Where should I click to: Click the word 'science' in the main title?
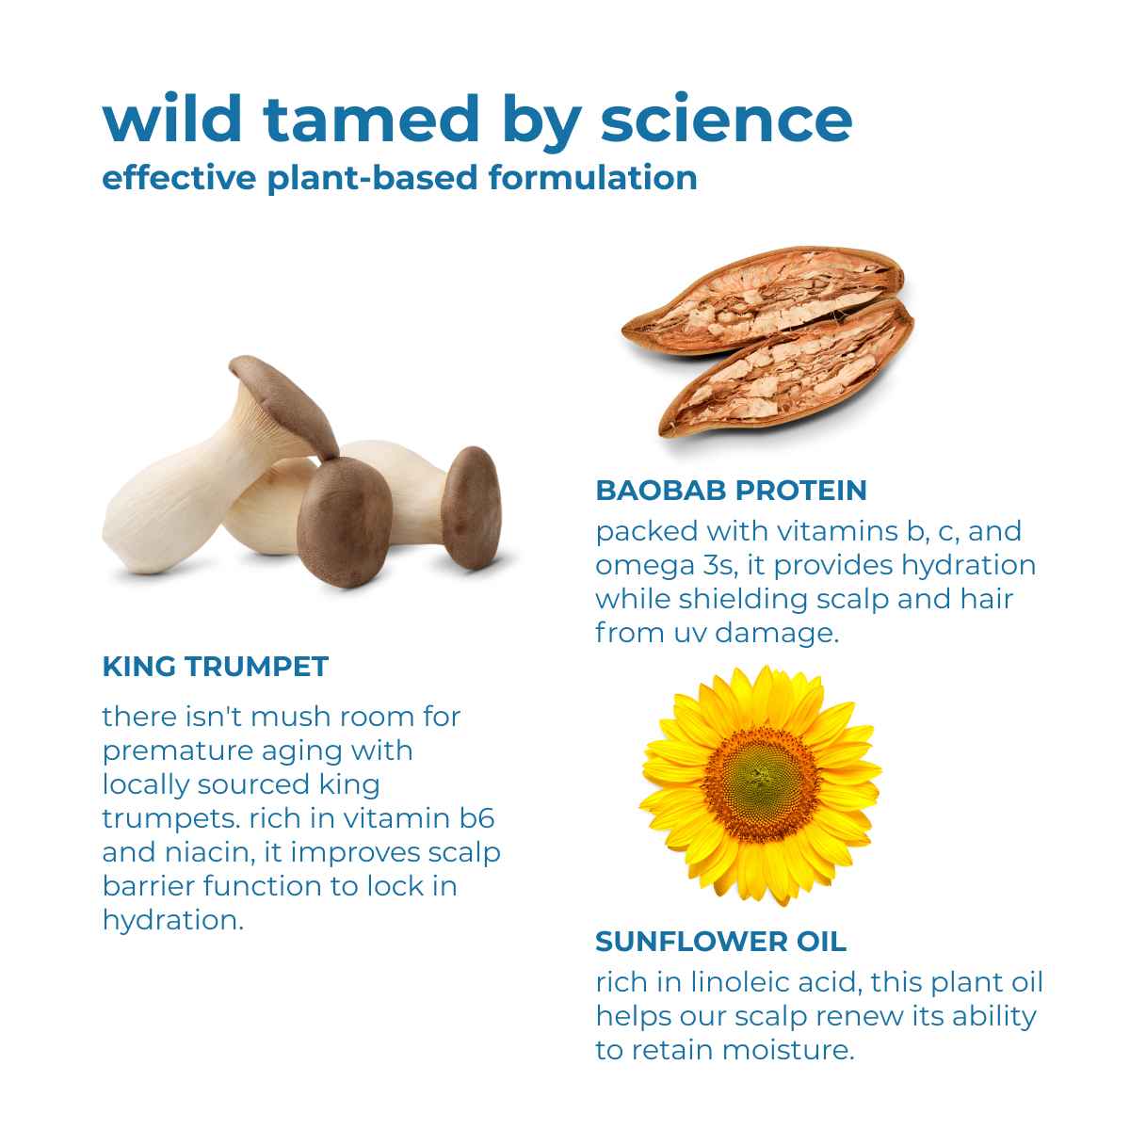point(726,121)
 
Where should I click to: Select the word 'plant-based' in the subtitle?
point(373,179)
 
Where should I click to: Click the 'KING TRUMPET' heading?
point(216,666)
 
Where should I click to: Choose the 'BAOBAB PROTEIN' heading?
point(732,491)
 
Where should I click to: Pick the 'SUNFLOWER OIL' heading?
point(720,942)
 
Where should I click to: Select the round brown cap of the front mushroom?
point(345,521)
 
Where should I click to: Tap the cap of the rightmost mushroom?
point(472,508)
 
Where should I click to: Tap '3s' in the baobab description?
point(720,565)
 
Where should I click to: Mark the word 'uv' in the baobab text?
point(689,635)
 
